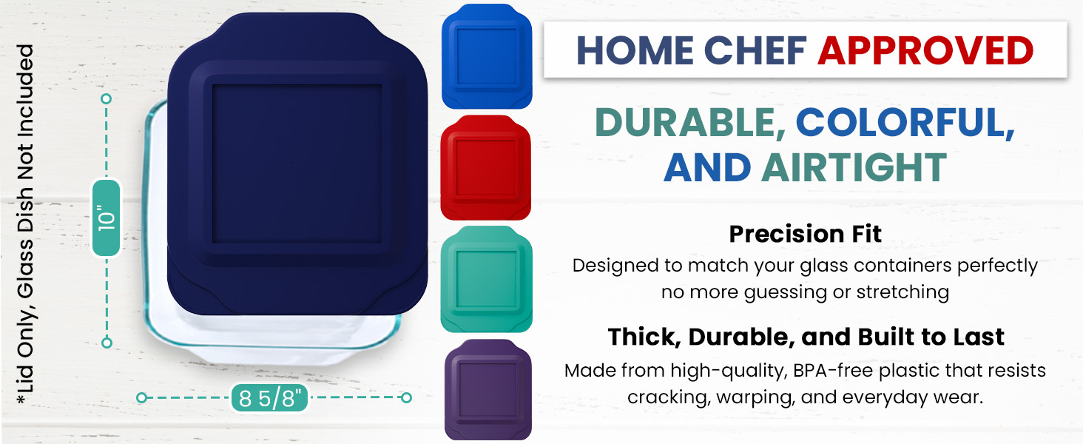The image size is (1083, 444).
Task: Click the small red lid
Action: click(x=486, y=167)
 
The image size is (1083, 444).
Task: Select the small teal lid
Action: click(x=486, y=279)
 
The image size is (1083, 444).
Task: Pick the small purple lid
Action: click(x=487, y=389)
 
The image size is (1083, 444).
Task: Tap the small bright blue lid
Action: click(x=487, y=56)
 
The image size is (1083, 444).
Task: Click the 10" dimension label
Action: click(x=107, y=218)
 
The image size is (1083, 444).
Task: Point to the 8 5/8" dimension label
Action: click(x=269, y=398)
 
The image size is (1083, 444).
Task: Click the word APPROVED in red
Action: click(x=925, y=50)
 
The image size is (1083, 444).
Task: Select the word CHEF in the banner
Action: click(x=755, y=50)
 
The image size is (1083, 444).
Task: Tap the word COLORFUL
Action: click(x=905, y=123)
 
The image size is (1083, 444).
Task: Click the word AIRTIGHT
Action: click(x=854, y=167)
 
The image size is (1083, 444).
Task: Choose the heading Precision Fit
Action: click(x=805, y=234)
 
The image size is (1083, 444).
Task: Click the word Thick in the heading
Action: click(x=644, y=337)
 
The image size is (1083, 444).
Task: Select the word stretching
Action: click(x=902, y=292)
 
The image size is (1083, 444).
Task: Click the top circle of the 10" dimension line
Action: click(x=107, y=98)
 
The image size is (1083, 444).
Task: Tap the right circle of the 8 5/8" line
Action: click(x=407, y=397)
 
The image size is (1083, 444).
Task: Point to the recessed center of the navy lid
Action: click(x=297, y=164)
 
